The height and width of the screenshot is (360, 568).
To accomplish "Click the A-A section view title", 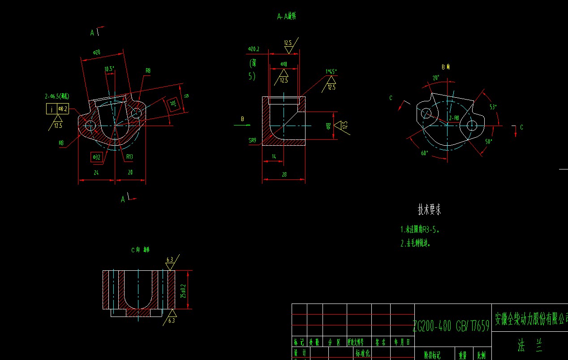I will pos(287,17).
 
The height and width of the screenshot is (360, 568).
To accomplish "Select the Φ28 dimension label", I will pos(96,52).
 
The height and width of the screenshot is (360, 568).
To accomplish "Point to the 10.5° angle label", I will pos(109,69).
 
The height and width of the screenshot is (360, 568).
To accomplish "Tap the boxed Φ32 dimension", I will pos(96,157).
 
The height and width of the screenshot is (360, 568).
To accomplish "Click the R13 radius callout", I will pos(129,156).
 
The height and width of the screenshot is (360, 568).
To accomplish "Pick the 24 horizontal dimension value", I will pos(96,172).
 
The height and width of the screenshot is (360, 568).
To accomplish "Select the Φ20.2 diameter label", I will pos(254,48).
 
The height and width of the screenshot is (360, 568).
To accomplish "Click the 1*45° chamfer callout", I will pos(331,71).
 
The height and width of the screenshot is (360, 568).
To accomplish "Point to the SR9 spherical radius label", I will pos(253,140).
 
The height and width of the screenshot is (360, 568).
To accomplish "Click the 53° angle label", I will pos(493,107).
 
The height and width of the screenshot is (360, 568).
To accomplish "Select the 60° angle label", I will pos(424,153).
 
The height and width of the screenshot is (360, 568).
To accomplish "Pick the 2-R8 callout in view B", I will pos(454,118).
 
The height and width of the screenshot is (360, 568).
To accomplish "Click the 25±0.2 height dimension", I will pos(183,290).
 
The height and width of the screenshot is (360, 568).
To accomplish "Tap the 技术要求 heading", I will pos(429,209).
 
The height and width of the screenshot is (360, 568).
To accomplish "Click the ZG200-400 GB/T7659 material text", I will pos(451,326).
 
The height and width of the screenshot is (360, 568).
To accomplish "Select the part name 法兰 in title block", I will pos(527,345).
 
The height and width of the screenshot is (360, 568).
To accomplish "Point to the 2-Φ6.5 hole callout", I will pos(57,96).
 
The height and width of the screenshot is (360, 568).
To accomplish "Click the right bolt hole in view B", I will pos(471,126).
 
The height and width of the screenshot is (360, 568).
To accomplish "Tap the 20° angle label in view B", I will pos(436,77).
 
